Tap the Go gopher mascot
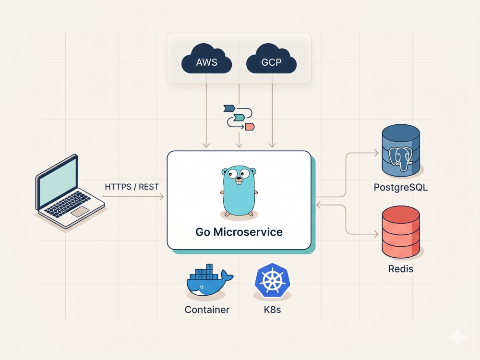pos(239,192)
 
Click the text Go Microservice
pos(239,232)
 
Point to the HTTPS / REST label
pos(132,187)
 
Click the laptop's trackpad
pos(80,211)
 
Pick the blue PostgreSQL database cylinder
pos(401,150)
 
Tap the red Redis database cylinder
pos(401,232)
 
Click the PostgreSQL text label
pos(401,187)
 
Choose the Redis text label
pos(401,269)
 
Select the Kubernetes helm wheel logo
pos(272,280)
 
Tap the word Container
pos(207,310)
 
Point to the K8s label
pos(272,310)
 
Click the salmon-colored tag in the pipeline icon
pos(250,126)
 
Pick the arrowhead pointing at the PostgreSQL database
pos(376,153)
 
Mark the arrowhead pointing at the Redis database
pos(376,235)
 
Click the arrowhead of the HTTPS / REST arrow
pos(161,196)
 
